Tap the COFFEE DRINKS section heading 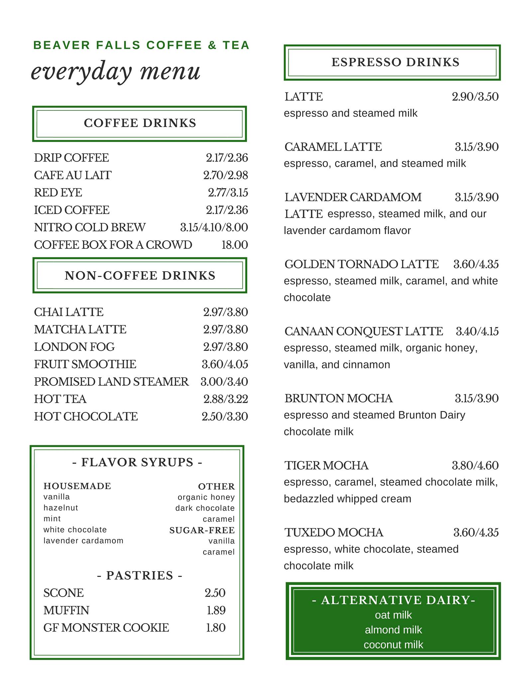point(140,123)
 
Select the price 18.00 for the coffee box point(235,245)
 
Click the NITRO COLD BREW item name point(90,227)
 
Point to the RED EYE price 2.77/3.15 point(228,193)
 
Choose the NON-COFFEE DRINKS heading point(140,276)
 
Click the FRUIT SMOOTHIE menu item point(85,364)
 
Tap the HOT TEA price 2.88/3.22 point(226,399)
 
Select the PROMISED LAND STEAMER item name point(111,382)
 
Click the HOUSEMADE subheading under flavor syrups point(77,486)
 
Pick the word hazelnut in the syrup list point(61,508)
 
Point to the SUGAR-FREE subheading point(202,530)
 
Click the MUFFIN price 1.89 point(216,611)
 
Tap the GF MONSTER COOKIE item point(106,628)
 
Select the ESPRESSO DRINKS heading point(395,63)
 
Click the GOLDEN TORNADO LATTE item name point(362,264)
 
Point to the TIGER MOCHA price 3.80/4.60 point(475,466)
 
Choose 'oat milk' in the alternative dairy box point(393,615)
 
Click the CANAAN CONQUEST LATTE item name point(364,332)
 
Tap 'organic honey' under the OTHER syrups point(206,497)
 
